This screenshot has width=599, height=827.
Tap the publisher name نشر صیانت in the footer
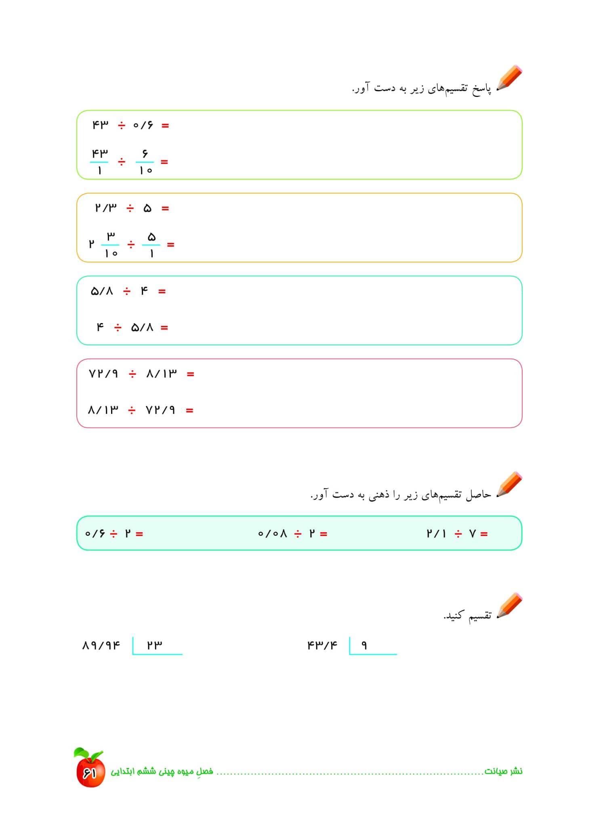tap(503, 771)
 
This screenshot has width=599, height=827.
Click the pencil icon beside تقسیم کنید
tap(510, 605)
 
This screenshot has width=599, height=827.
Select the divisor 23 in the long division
tap(154, 645)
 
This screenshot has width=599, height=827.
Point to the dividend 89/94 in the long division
tap(101, 645)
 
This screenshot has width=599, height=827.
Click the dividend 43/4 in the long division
tap(322, 645)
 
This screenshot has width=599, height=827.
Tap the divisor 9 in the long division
tap(364, 645)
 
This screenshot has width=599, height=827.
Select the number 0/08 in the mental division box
tap(272, 534)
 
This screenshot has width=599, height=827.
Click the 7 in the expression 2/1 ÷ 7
tap(472, 534)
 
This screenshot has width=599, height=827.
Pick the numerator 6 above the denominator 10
tap(145, 154)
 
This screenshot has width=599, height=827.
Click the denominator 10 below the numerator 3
tap(111, 254)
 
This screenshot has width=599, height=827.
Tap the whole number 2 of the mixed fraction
tap(92, 244)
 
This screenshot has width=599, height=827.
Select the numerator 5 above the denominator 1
tap(151, 237)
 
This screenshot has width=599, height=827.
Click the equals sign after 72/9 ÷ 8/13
tap(191, 374)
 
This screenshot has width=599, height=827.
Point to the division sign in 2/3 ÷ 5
tap(130, 208)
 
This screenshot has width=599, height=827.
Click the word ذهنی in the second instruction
tap(378, 495)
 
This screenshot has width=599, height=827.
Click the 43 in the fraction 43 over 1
tap(99, 154)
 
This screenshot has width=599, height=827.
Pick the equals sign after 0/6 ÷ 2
tap(139, 534)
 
